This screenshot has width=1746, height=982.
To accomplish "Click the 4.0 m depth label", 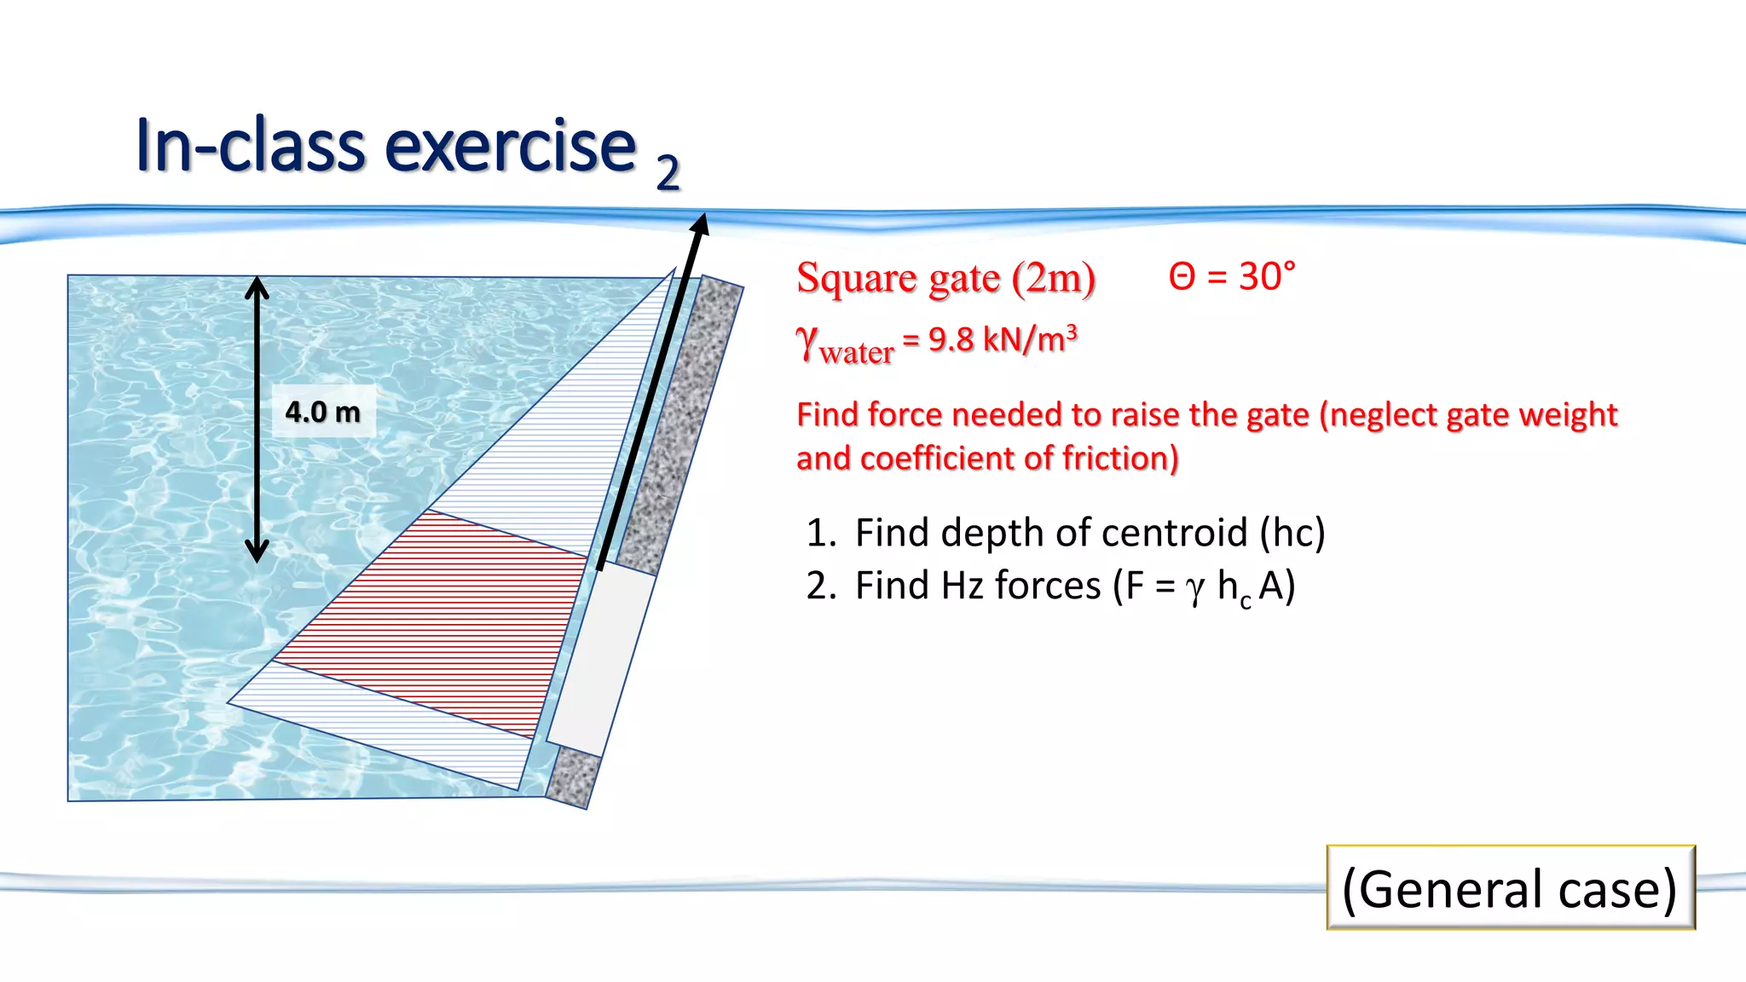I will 323,412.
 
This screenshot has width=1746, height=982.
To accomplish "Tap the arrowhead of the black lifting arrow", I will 700,225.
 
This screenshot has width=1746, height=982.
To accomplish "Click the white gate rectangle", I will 601,661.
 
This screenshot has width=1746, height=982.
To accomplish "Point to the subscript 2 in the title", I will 668,173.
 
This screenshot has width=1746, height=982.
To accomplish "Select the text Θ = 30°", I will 1232,277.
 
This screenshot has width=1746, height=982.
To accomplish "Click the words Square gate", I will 899,279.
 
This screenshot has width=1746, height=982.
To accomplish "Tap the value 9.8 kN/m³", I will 1002,340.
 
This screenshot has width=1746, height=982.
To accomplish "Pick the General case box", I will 1510,888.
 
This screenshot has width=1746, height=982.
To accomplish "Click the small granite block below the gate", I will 572,777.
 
